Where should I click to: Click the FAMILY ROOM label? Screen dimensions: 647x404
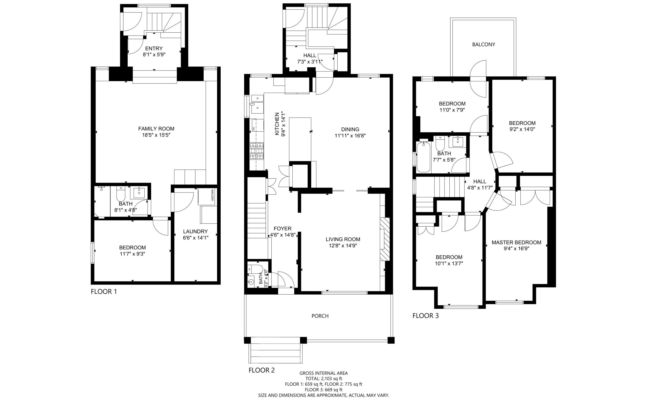[156, 129]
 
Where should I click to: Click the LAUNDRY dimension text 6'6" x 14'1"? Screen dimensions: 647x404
[195, 237]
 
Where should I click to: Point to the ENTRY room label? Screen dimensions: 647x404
[154, 48]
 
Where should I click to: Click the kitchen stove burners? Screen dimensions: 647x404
[257, 151]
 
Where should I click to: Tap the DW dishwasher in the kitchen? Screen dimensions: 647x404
[253, 129]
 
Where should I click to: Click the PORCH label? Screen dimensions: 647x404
[320, 316]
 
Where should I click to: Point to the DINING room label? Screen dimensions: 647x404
[350, 129]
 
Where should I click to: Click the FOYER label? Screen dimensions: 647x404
[283, 228]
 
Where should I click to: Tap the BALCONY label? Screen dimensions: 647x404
[483, 44]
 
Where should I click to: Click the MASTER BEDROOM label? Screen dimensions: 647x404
[516, 242]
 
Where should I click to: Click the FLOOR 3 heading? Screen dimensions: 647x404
[425, 316]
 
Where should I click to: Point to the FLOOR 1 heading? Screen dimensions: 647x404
[104, 292]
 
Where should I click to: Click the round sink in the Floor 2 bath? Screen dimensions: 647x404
[251, 282]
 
